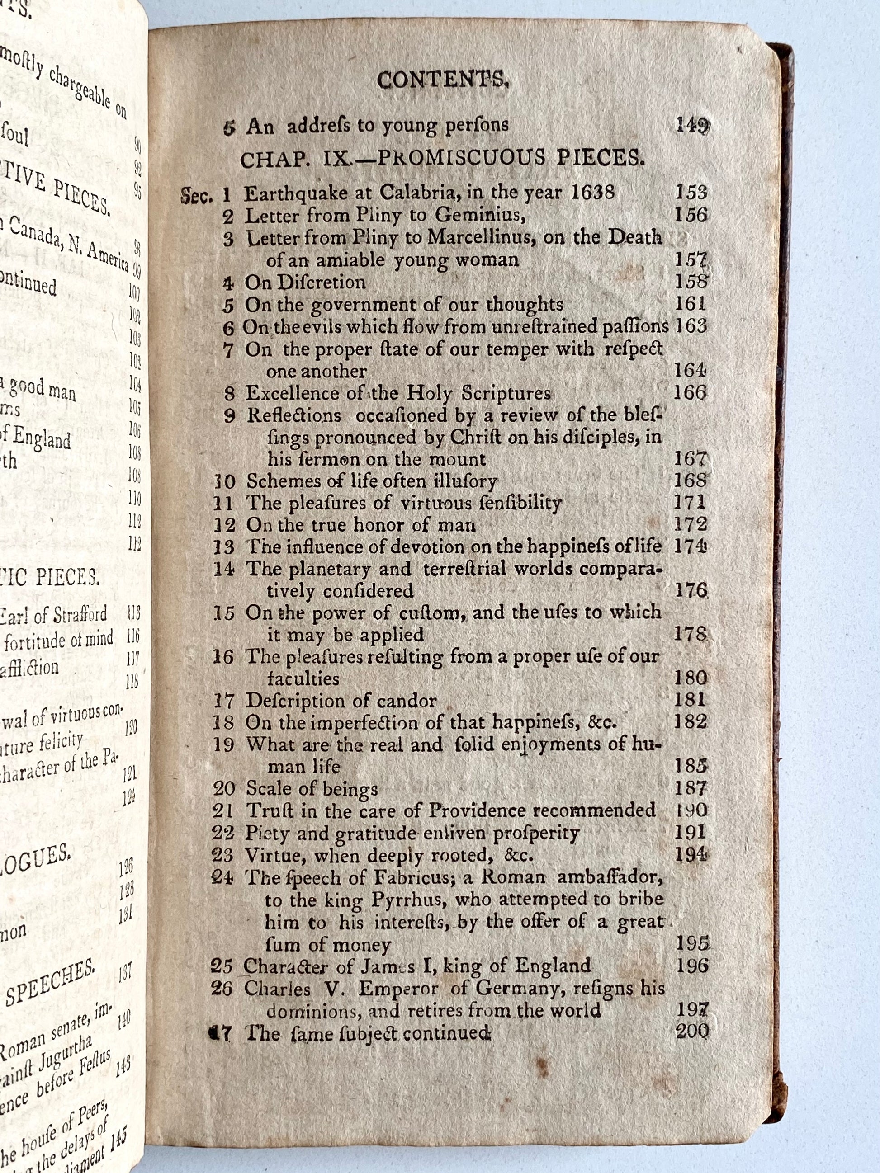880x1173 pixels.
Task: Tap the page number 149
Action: [x=692, y=125]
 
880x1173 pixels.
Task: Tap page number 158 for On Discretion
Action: [x=691, y=282]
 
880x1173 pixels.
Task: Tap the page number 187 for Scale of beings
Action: [x=691, y=788]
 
